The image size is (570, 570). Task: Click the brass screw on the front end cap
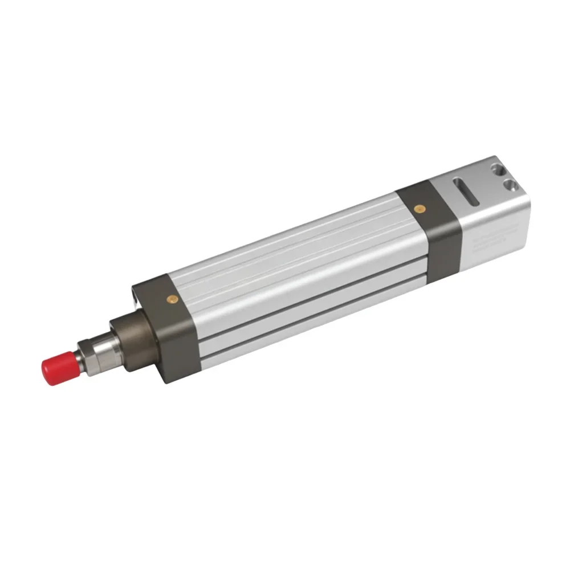[x=171, y=298]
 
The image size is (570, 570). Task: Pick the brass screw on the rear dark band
[x=420, y=209]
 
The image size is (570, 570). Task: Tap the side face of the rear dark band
[x=443, y=245]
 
